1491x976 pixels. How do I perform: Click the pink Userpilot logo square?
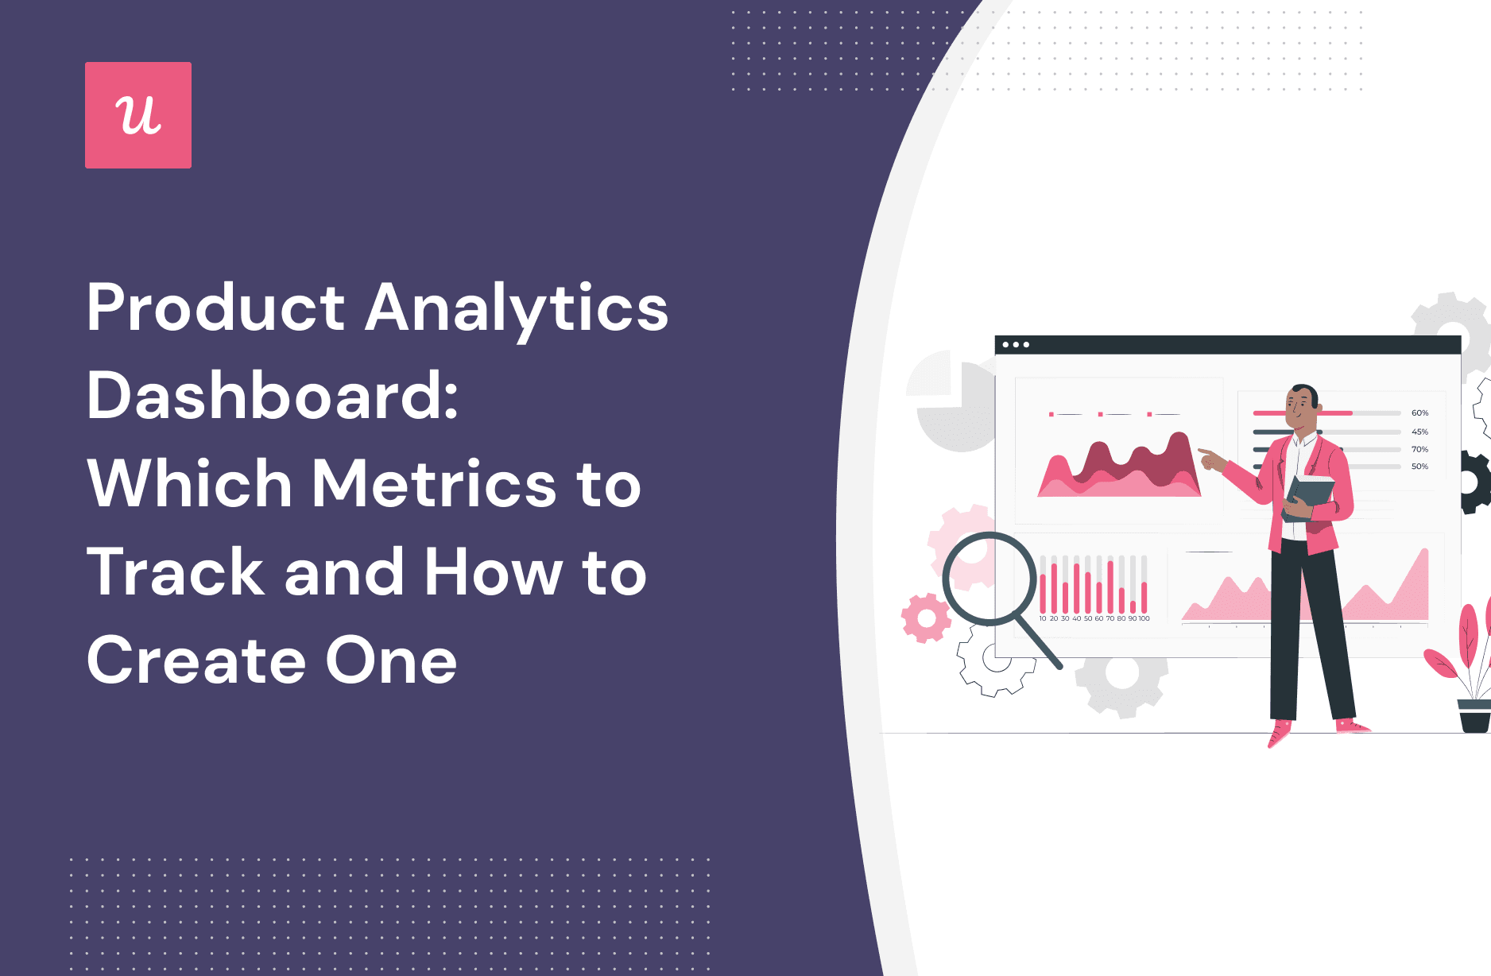pos(138,115)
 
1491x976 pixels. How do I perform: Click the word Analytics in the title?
pos(517,308)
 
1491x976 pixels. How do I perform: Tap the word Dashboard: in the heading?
pos(272,396)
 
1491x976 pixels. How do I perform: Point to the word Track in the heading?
pos(176,572)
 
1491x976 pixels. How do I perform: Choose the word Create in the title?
pos(196,660)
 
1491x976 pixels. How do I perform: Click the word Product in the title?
pos(215,308)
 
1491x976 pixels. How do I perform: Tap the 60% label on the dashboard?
pos(1419,413)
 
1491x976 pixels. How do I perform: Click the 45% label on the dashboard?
pos(1419,432)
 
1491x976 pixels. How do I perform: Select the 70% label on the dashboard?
pos(1419,449)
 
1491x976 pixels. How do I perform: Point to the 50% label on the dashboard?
pos(1419,467)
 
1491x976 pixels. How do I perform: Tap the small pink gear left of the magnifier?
pos(925,618)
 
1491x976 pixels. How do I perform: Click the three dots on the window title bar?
pos(1016,345)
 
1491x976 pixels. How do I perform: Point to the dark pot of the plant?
pos(1474,716)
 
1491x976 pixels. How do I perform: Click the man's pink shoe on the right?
pos(1352,725)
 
